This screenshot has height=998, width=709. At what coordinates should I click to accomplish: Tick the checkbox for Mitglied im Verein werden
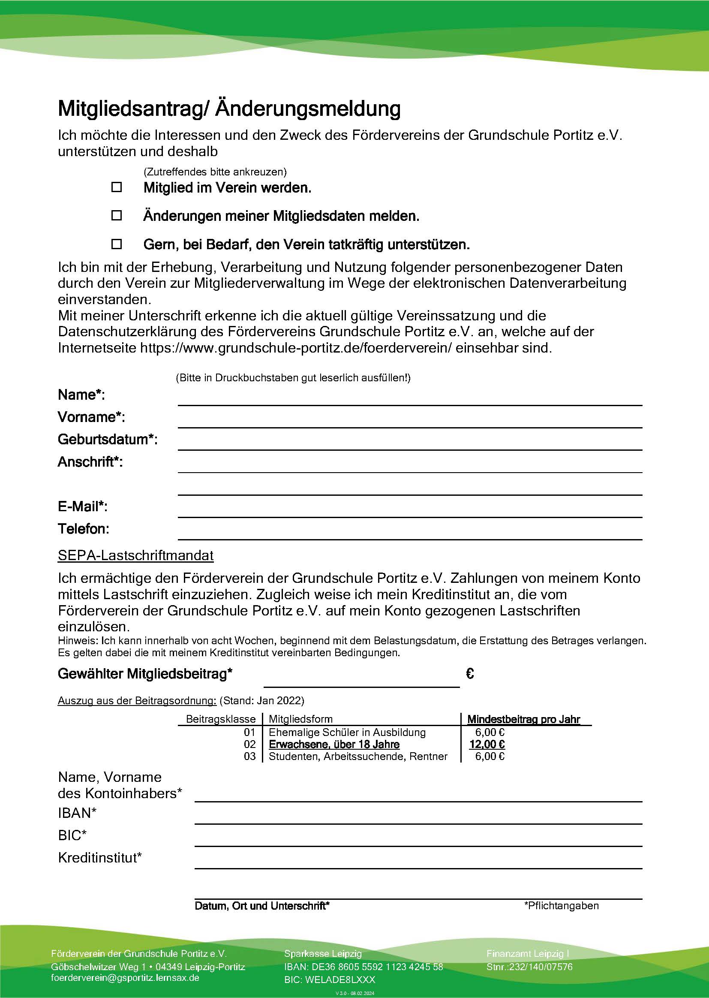[117, 187]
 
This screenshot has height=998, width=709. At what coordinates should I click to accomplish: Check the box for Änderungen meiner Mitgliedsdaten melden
[117, 215]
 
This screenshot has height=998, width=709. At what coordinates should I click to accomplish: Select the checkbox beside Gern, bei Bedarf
[117, 244]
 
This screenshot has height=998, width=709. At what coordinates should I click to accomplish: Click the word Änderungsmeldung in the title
[308, 109]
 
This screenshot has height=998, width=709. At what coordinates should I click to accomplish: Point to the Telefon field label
[84, 529]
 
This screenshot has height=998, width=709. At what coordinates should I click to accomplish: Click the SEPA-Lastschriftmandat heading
[136, 555]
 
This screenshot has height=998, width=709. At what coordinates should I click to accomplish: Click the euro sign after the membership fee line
[470, 674]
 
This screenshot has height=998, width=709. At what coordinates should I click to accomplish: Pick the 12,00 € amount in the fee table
[487, 744]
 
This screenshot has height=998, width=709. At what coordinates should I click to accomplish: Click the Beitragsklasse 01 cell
[249, 733]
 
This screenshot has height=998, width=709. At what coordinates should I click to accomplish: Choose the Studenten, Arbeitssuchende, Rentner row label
[358, 757]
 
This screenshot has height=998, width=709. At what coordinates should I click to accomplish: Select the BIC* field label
[72, 835]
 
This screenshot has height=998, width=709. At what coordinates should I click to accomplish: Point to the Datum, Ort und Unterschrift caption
[262, 906]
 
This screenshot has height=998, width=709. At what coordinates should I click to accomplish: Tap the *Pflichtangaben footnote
[562, 906]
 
